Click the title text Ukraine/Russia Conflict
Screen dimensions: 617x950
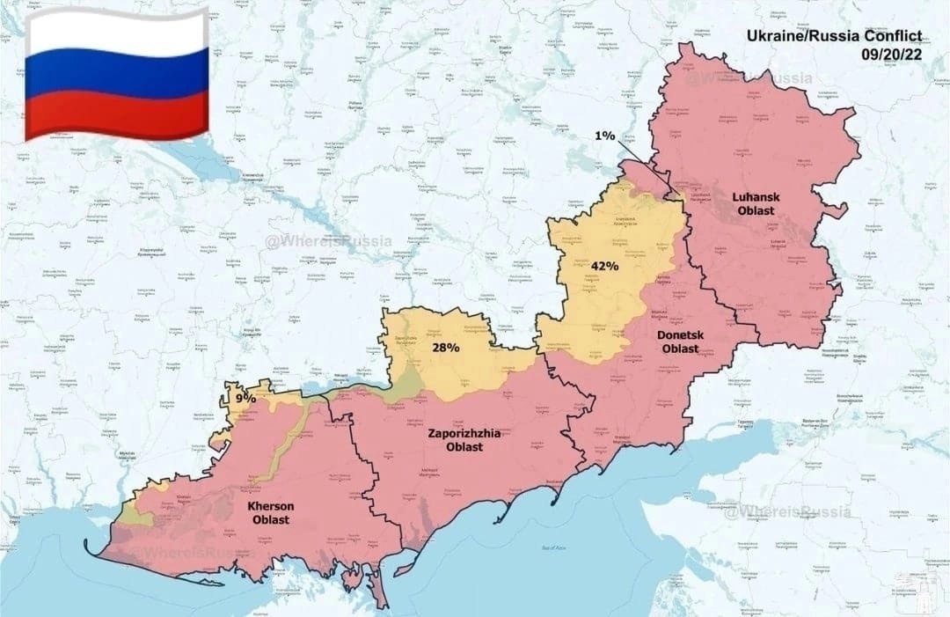pos(834,36)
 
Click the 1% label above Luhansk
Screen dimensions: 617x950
pos(604,136)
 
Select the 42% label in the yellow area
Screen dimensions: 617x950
pos(604,266)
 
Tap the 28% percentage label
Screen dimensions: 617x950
pos(445,348)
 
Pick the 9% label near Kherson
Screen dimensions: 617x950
pos(245,398)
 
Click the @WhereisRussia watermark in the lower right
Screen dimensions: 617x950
pos(787,511)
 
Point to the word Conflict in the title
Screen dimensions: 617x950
pos(888,36)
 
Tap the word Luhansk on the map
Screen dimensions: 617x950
pos(756,197)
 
